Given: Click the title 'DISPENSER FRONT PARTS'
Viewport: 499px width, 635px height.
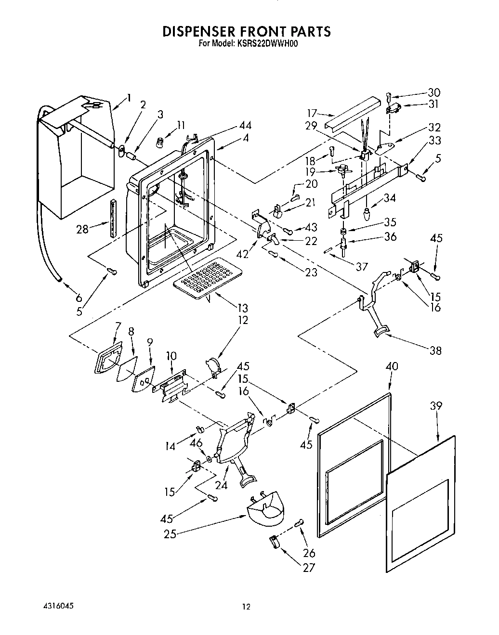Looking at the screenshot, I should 246,32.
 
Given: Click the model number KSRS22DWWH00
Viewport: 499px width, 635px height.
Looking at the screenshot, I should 267,43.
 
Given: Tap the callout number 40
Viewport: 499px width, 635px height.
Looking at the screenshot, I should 392,366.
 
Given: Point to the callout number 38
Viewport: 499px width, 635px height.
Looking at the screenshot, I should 435,350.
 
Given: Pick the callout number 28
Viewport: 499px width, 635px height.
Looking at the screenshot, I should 82,229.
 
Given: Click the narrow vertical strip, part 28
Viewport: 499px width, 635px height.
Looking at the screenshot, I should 113,218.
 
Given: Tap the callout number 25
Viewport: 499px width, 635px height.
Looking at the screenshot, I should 170,533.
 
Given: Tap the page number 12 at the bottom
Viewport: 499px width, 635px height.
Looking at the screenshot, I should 246,607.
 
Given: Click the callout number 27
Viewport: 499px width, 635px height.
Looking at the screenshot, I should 308,568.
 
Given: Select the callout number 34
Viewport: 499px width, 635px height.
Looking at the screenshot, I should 390,197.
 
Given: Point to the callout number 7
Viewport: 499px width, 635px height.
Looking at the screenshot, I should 117,327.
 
